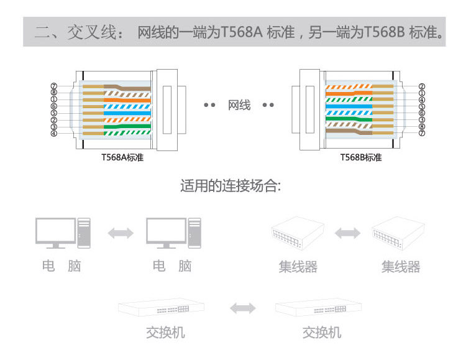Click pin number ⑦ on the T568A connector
click(x=54, y=86)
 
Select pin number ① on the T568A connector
click(x=54, y=99)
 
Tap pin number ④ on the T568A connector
click(x=54, y=133)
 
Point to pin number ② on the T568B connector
click(x=422, y=86)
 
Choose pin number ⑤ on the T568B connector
click(x=422, y=106)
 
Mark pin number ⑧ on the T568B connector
click(x=422, y=126)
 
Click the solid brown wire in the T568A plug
click(x=124, y=86)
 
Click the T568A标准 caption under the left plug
click(x=122, y=158)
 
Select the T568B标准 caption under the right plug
click(x=360, y=158)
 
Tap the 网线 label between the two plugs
click(x=239, y=105)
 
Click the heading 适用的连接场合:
click(x=231, y=187)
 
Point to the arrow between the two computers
click(x=120, y=233)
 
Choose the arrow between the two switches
click(x=242, y=308)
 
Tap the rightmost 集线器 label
click(x=401, y=267)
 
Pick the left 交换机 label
click(x=165, y=333)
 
